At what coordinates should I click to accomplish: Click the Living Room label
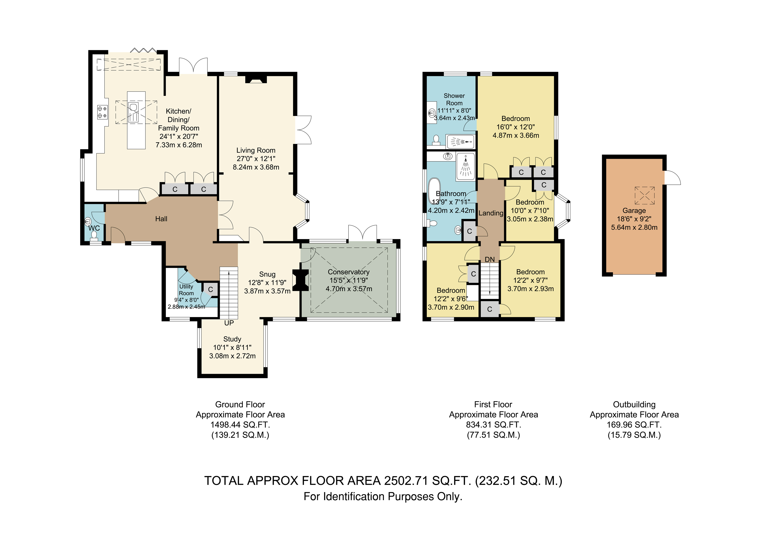[x=256, y=150]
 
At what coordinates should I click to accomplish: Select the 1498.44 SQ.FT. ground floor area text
[x=240, y=425]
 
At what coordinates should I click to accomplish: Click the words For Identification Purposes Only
[x=383, y=497]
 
